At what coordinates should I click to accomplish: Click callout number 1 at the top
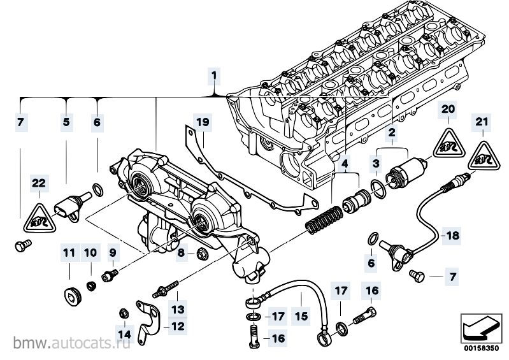(x=215, y=76)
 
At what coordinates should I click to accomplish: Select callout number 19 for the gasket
(x=202, y=121)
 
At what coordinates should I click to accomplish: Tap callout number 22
(x=39, y=183)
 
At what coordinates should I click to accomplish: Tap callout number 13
(x=178, y=309)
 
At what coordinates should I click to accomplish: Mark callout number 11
(x=68, y=252)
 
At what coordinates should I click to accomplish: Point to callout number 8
(x=182, y=253)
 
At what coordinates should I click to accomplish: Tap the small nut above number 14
(x=124, y=312)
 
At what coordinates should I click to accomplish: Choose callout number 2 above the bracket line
(x=392, y=133)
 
